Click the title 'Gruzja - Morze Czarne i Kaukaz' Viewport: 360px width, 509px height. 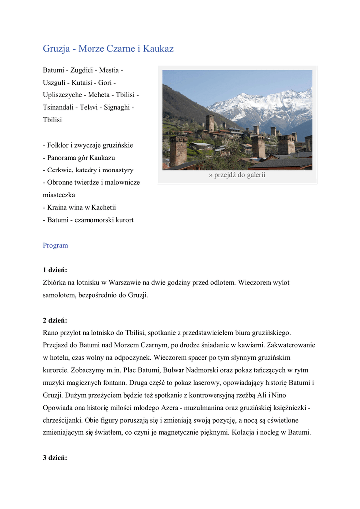coord(108,49)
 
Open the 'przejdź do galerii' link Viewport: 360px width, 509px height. coord(237,175)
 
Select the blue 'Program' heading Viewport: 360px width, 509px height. coord(55,245)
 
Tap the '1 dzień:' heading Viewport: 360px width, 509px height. coord(55,270)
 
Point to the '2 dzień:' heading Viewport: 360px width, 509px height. coord(55,320)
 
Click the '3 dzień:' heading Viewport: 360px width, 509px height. coord(55,458)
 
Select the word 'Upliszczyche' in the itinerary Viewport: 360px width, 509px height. coord(62,95)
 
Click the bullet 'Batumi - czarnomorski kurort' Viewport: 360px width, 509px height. coord(88,220)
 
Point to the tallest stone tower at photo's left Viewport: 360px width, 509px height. coord(178,150)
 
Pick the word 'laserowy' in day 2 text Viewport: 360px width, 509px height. coord(183,383)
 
